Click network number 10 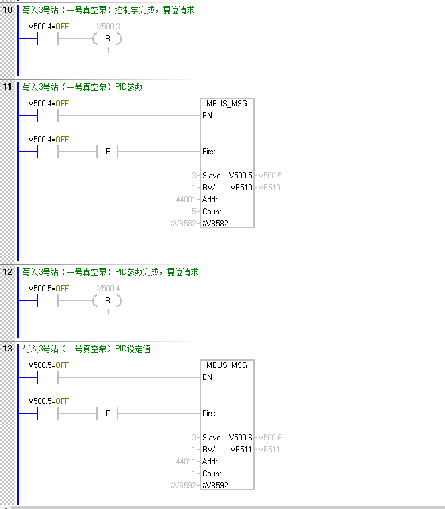point(8,11)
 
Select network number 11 point(8,87)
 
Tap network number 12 point(8,272)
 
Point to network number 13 point(8,349)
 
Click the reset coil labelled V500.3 point(107,39)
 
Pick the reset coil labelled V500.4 point(107,301)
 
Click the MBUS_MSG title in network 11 point(227,104)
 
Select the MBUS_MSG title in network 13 point(227,365)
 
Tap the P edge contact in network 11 point(107,152)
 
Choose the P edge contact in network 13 point(107,413)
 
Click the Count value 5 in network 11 point(194,212)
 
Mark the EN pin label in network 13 point(207,377)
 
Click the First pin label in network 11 point(209,152)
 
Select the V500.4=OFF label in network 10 point(49,27)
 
